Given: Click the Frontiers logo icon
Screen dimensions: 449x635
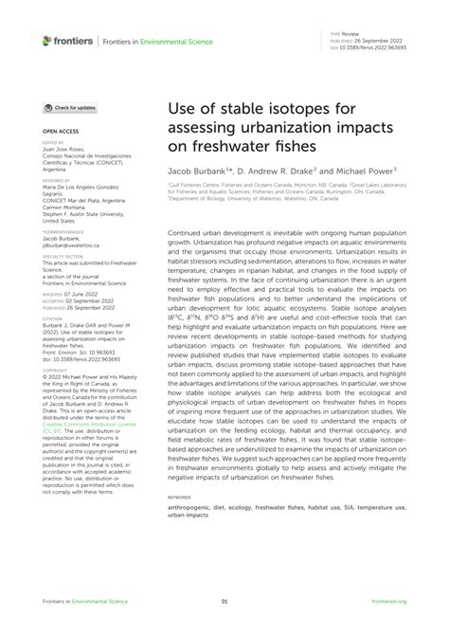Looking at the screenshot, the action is [47, 41].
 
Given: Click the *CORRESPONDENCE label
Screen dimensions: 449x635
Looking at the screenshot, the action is [63, 230].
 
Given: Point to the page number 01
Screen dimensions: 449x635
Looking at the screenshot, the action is [224, 601].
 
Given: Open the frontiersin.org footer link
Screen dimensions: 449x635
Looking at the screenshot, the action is [387, 601].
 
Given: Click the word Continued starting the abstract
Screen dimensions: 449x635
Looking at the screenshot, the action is [186, 230].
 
